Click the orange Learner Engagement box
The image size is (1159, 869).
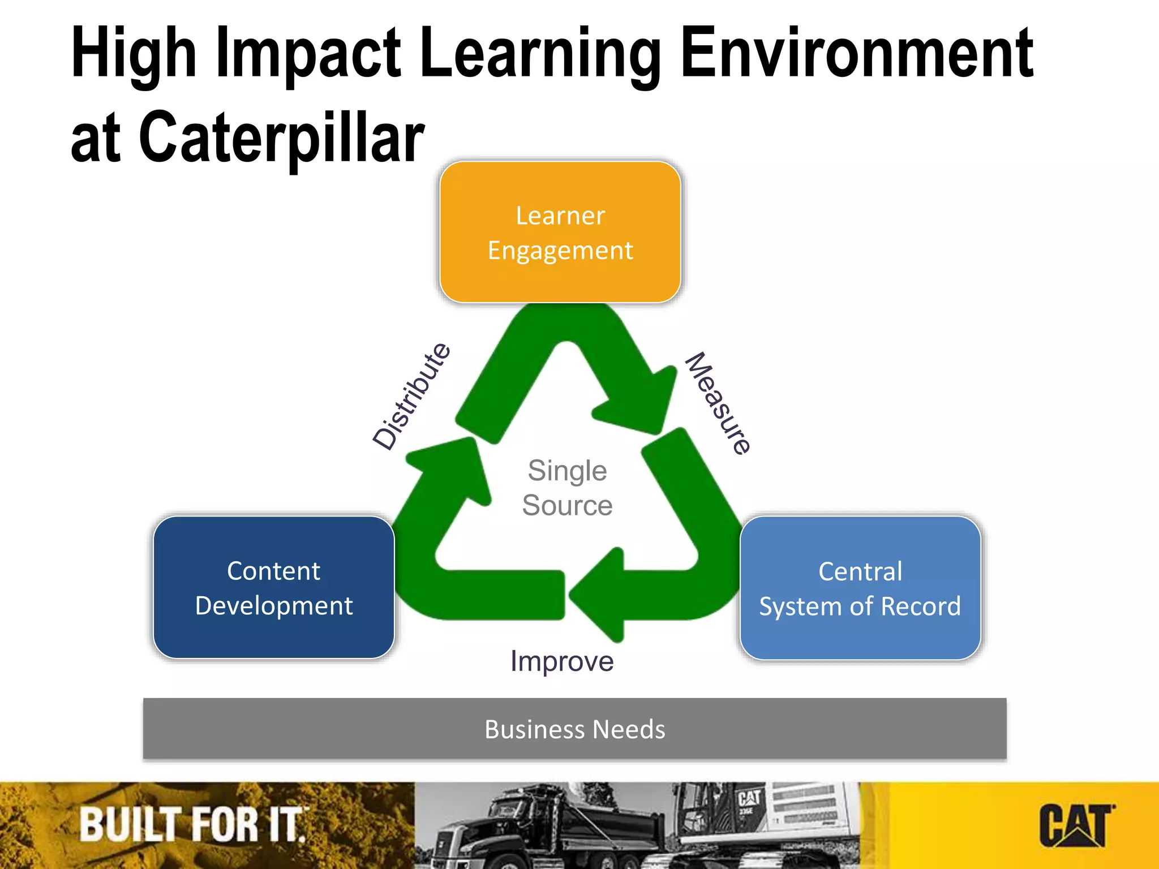(x=560, y=232)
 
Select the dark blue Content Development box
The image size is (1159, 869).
(x=274, y=587)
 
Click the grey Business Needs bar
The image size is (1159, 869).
(x=574, y=729)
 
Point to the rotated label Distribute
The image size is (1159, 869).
(x=412, y=396)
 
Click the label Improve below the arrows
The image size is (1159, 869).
(x=562, y=661)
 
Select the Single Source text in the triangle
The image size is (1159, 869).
(x=567, y=488)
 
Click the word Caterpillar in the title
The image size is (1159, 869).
(x=281, y=137)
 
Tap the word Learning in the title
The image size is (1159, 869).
(x=541, y=54)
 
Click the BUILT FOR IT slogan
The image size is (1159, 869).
(x=192, y=825)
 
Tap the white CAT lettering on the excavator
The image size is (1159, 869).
(x=749, y=798)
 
